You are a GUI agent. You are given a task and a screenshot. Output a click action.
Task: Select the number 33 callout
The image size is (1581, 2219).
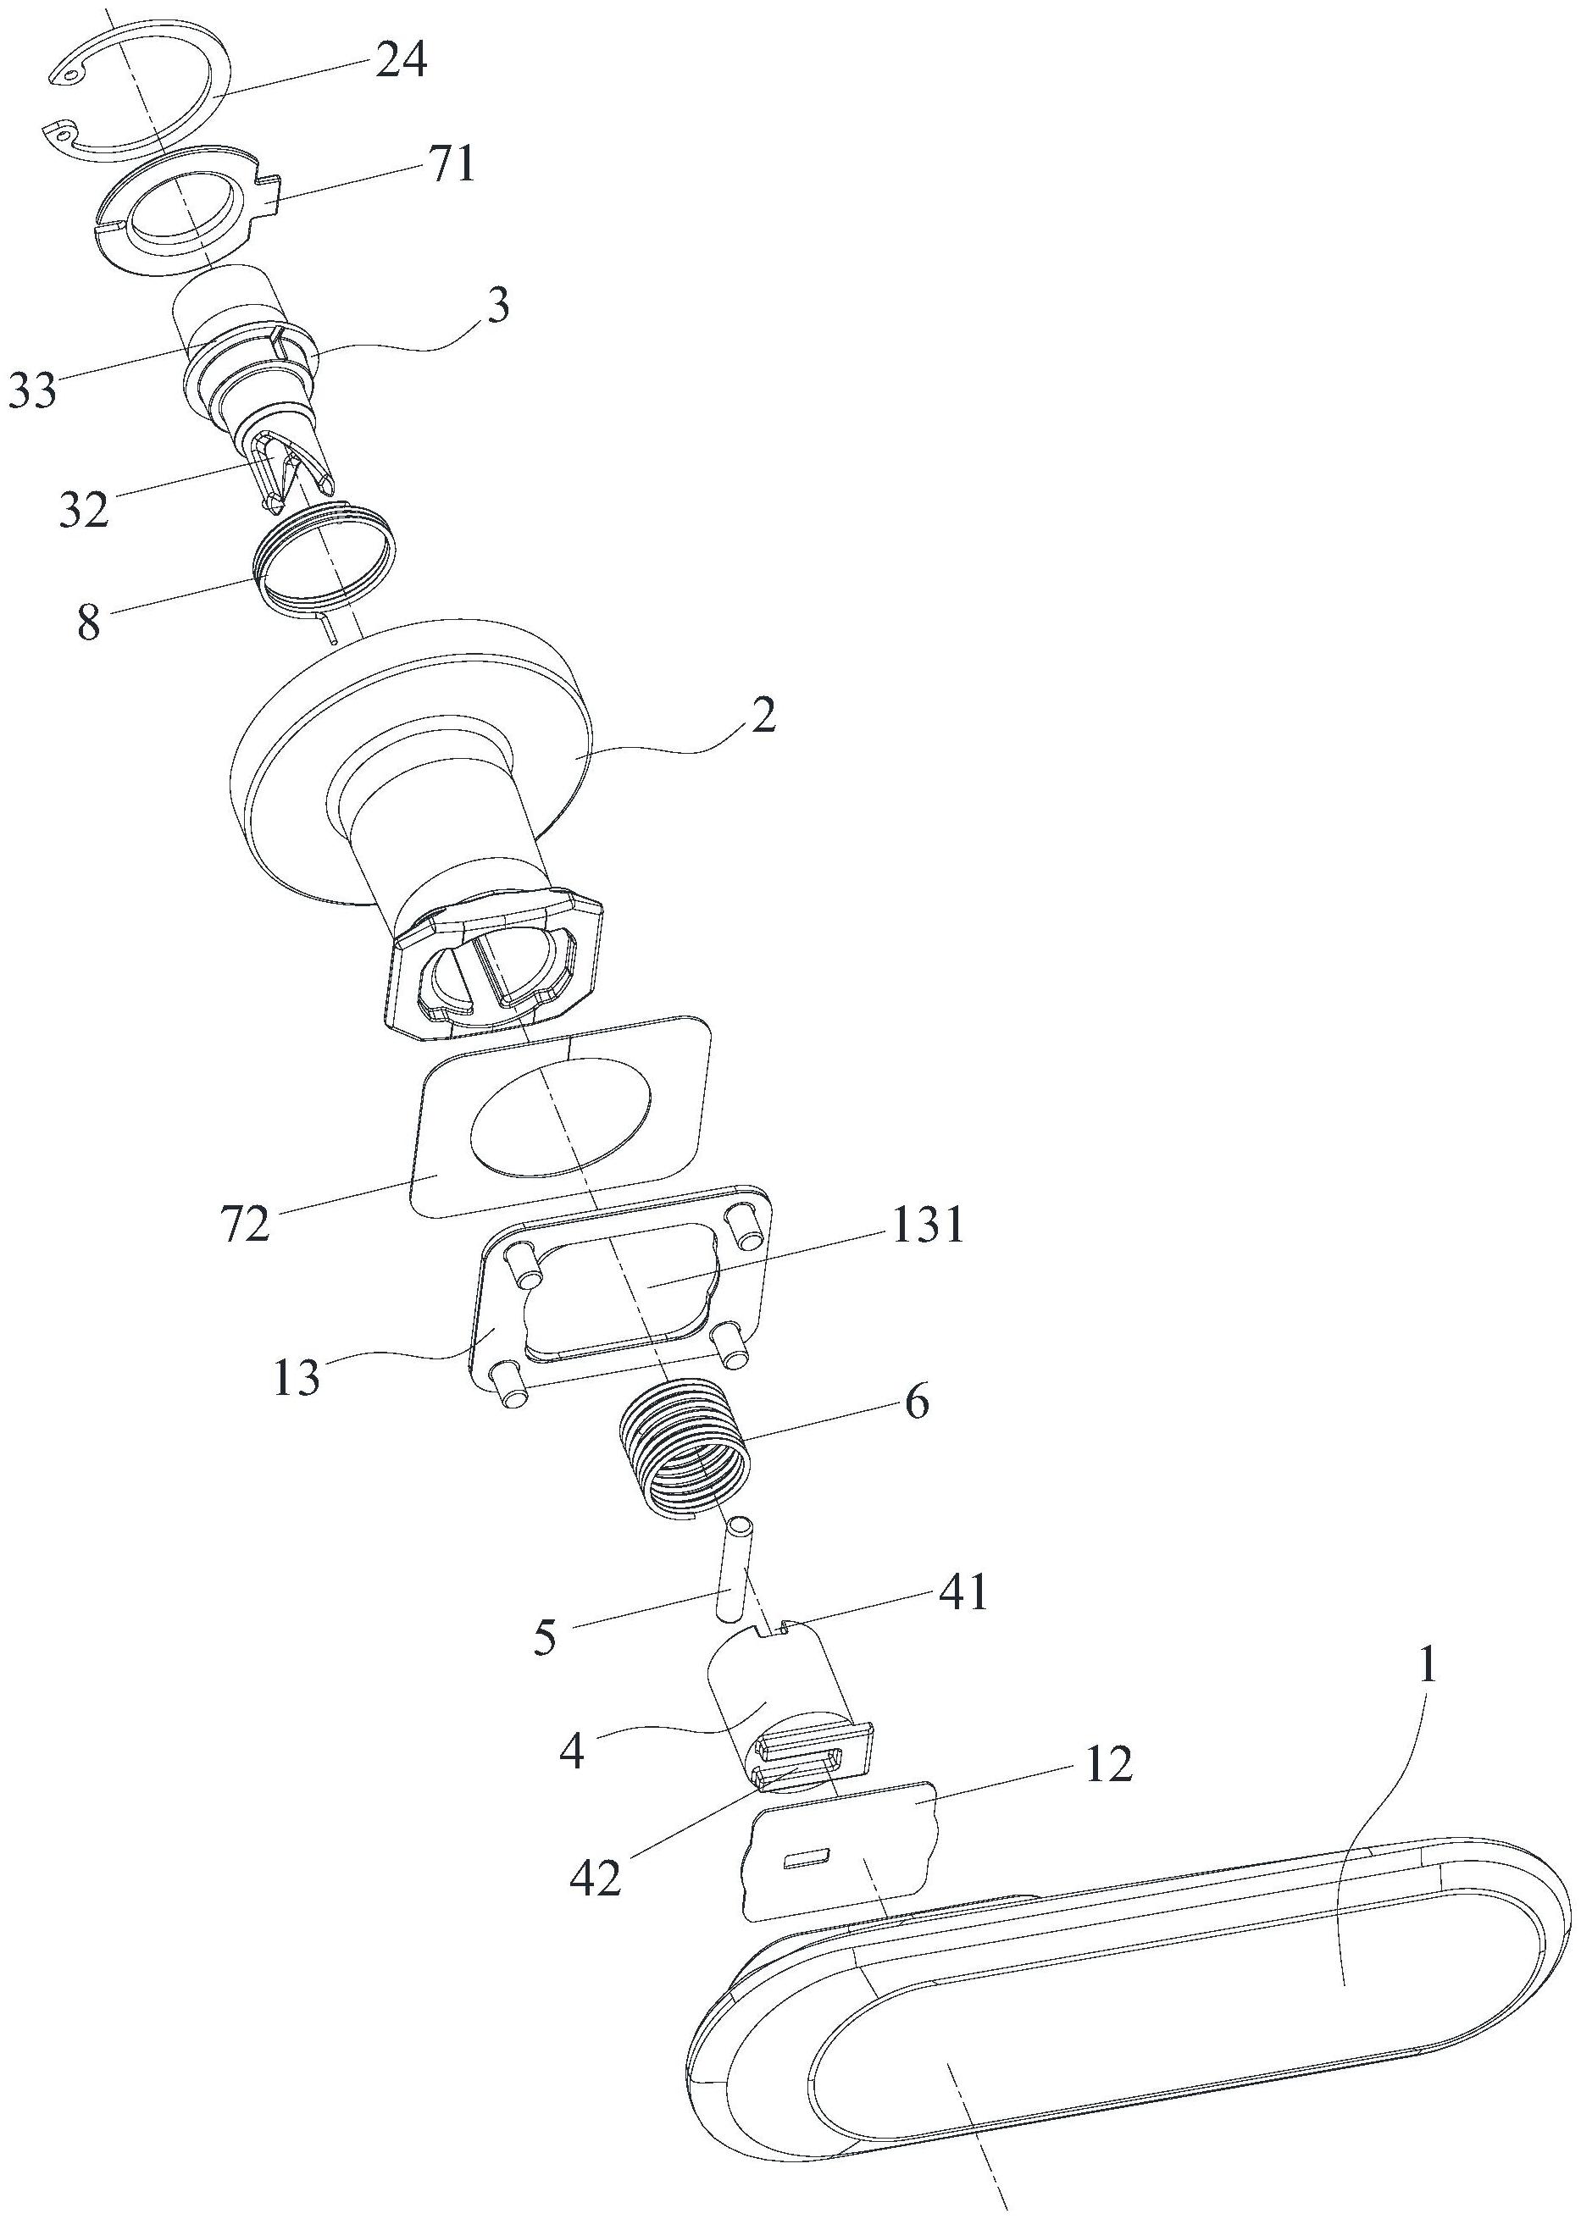33,393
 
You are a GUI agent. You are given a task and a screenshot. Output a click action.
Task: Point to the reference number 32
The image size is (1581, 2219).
83,510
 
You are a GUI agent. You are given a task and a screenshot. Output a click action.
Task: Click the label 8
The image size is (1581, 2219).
89,623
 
